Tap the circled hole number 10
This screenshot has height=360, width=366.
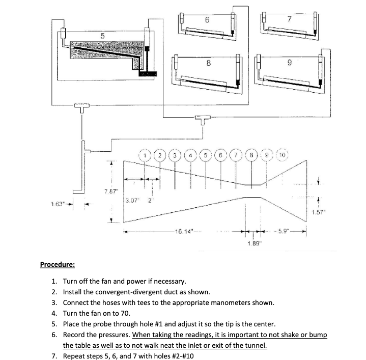click(x=284, y=154)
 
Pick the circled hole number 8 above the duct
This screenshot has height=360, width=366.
click(x=251, y=154)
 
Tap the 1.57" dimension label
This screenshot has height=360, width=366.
click(x=319, y=212)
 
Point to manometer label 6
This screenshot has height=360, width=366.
click(x=207, y=20)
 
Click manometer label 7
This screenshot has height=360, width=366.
click(x=289, y=20)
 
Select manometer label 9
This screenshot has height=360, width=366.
click(x=289, y=64)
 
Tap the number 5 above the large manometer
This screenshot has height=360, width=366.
click(x=102, y=36)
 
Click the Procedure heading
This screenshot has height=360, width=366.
click(x=58, y=264)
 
